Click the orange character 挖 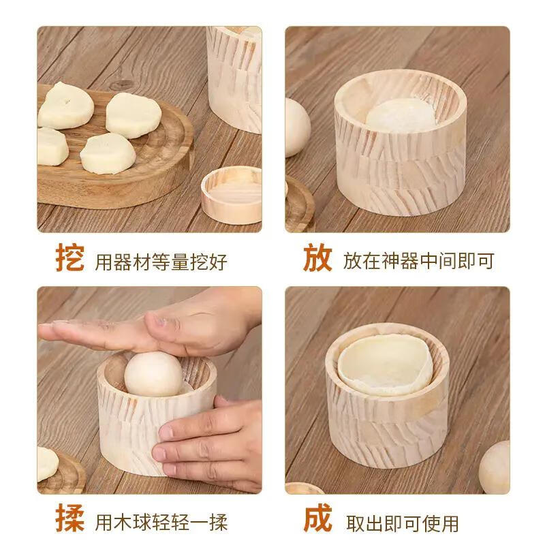point(70,259)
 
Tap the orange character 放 point(317,259)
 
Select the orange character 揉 point(70,520)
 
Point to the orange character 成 point(317,520)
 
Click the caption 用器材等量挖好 point(161,262)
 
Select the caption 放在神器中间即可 point(418,261)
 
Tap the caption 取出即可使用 point(402,523)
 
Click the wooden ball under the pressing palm point(153,374)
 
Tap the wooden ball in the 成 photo point(495,466)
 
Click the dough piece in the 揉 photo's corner point(46,464)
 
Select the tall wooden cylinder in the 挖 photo point(235,75)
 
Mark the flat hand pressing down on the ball point(150,327)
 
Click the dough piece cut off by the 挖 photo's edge point(50,147)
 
